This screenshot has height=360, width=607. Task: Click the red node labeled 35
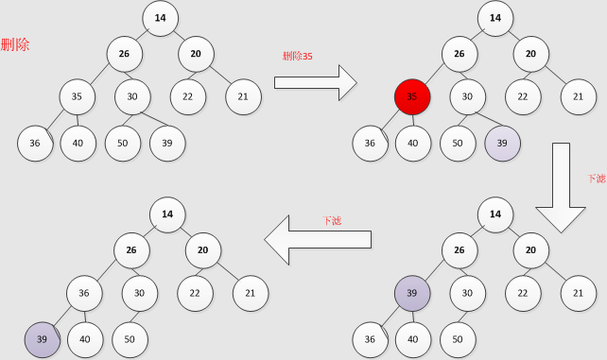click(x=412, y=96)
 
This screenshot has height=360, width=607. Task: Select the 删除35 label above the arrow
click(x=298, y=56)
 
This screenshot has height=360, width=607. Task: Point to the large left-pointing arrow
click(x=316, y=240)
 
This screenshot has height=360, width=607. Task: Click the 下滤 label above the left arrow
click(x=333, y=220)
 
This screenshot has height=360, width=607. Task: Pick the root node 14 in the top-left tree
click(x=161, y=18)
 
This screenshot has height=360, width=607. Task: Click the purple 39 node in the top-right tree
click(x=502, y=143)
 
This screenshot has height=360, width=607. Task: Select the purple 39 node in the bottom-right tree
click(x=412, y=293)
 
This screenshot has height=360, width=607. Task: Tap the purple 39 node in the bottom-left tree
click(x=43, y=338)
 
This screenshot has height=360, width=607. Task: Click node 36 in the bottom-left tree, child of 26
click(x=84, y=293)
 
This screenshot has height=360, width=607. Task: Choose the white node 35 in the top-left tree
click(x=78, y=96)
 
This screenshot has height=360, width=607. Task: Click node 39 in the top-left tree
click(x=167, y=143)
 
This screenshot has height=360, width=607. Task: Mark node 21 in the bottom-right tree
click(x=579, y=293)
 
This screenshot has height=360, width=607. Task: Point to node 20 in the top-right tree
click(x=531, y=54)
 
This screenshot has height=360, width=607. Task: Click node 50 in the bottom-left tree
click(x=130, y=338)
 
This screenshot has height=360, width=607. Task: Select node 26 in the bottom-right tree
click(x=460, y=250)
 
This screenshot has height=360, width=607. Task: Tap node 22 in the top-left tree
click(x=188, y=96)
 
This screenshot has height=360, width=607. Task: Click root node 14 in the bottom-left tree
click(x=167, y=214)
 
